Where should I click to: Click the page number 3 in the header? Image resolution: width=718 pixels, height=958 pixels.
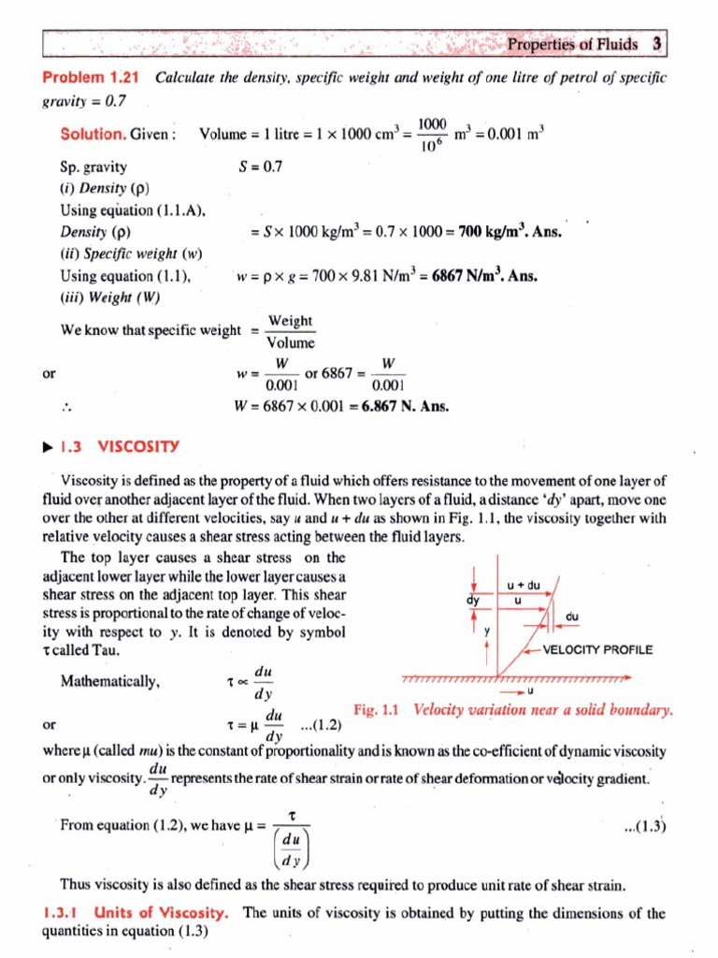point(657,44)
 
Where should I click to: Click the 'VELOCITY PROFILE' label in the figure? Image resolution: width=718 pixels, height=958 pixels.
point(597,650)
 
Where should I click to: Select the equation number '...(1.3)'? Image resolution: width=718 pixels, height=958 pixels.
point(645,825)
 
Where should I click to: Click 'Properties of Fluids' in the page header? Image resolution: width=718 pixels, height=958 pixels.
point(572,44)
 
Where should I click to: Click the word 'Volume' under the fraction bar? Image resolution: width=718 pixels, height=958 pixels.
point(291,342)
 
